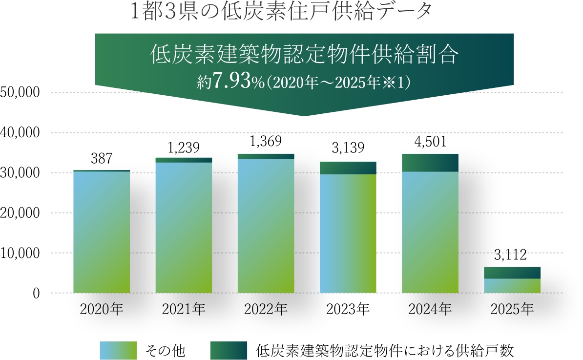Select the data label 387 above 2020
click(102, 158)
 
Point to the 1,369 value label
click(266, 142)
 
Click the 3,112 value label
click(512, 255)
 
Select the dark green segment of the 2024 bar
click(430, 163)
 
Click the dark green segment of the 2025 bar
click(512, 273)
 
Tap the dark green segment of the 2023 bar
click(348, 168)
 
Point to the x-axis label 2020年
click(102, 309)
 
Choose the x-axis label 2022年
click(266, 309)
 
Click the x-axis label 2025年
click(512, 309)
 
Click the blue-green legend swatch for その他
click(116, 350)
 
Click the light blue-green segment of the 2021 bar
click(184, 227)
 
